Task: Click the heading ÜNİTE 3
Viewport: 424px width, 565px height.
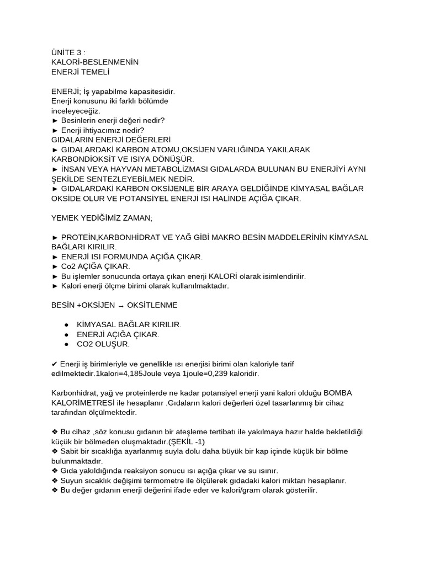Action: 68,52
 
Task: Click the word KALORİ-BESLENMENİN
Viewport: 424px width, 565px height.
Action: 94,62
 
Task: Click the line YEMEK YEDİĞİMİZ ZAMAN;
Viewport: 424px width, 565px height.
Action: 101,218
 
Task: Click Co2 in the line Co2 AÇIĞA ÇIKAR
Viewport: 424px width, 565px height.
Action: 68,266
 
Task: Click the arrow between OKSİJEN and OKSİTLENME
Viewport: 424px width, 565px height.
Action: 121,305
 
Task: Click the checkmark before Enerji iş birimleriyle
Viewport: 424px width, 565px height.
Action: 54,364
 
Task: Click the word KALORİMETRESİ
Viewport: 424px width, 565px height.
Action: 83,403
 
